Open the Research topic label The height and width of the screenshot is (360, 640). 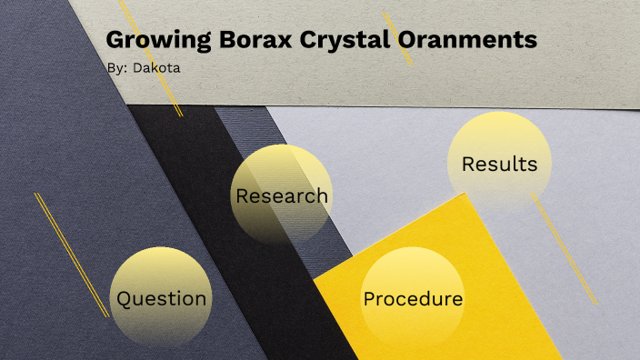point(282,195)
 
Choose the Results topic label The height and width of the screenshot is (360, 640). point(499,165)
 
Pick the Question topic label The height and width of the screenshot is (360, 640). point(162,298)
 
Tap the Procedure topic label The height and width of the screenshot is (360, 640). point(413,299)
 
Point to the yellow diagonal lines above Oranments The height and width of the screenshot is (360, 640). point(398,38)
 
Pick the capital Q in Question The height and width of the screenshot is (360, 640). point(125,298)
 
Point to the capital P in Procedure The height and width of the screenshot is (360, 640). point(369,299)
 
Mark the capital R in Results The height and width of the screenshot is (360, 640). point(469,165)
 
